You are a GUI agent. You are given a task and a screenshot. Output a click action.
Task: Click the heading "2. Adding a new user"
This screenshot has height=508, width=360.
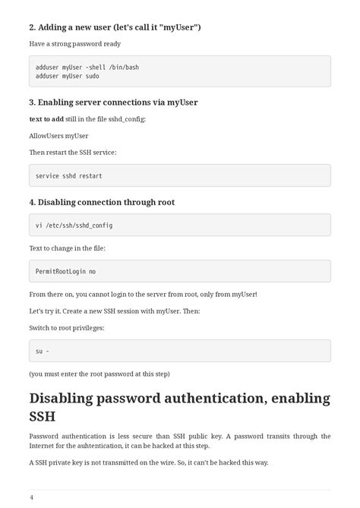115,27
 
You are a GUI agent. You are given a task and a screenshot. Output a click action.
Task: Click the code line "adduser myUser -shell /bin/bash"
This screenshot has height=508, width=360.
87,67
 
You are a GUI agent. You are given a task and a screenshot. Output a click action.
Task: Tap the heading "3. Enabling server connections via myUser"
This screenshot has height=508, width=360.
113,103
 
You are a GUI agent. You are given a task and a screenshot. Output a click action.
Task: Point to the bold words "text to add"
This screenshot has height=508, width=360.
46,119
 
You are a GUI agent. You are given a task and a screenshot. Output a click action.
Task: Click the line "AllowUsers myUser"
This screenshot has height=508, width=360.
58,135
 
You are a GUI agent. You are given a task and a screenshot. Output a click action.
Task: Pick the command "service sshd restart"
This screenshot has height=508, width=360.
68,176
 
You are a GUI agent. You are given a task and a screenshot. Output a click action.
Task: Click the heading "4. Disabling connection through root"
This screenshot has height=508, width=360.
102,202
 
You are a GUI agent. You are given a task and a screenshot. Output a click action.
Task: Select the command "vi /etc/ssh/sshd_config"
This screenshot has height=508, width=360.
74,226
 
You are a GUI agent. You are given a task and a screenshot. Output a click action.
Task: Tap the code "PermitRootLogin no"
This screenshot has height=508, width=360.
65,271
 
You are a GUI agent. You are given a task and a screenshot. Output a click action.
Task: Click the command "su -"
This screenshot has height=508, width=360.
43,351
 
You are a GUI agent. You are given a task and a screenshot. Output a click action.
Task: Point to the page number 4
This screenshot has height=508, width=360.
31,497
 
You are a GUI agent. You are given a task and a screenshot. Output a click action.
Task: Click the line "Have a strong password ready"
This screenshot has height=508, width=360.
74,44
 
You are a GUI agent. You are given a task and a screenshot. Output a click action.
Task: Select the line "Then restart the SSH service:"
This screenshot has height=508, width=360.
72,152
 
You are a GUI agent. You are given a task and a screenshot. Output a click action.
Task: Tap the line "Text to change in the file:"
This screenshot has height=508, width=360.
67,248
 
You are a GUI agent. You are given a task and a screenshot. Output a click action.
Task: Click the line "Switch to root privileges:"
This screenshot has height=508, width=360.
66,327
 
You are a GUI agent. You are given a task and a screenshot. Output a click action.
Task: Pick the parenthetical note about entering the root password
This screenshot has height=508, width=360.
99,374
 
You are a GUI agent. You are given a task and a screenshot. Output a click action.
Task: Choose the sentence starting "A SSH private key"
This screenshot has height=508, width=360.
148,462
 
